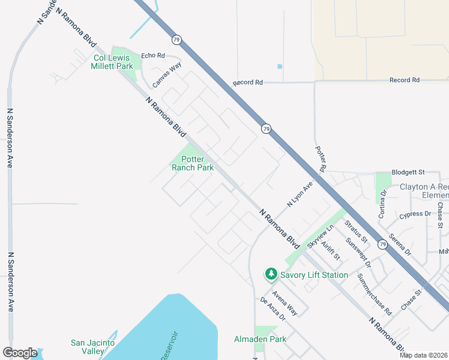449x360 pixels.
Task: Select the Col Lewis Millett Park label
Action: (113, 62)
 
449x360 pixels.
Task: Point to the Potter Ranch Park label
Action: (193, 163)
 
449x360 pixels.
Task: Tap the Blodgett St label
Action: (408, 172)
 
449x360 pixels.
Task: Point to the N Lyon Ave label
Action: (300, 195)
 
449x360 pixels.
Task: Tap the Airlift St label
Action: (331, 248)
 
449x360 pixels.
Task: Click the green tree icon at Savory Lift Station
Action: (271, 274)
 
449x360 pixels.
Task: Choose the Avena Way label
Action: (284, 302)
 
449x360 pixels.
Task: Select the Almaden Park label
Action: (260, 339)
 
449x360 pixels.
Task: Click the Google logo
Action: (19, 353)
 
